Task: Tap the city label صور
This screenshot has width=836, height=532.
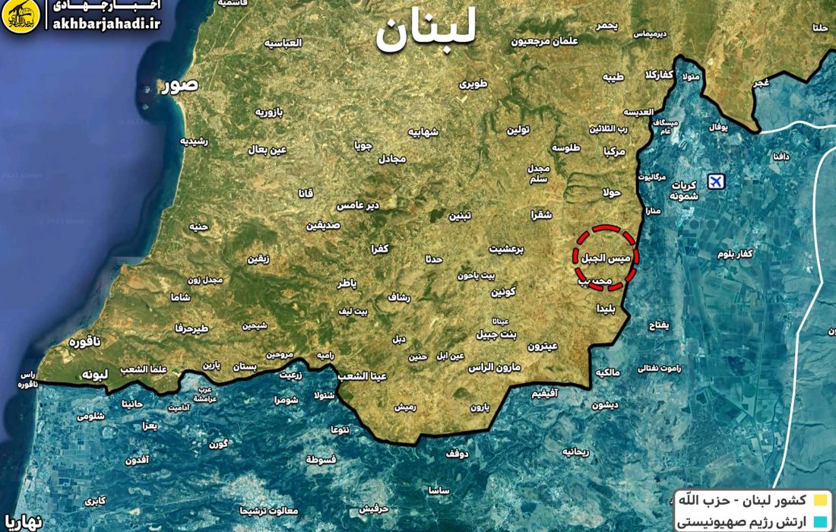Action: [179, 85]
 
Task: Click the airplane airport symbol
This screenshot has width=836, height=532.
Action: [714, 181]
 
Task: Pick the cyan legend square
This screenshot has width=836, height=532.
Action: [819, 522]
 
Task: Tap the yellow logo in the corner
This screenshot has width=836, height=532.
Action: [21, 17]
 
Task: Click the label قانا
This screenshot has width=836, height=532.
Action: [306, 193]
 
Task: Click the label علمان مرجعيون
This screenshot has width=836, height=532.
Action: [544, 41]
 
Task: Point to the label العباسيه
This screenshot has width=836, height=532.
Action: [283, 43]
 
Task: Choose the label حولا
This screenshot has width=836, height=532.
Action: [612, 192]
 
